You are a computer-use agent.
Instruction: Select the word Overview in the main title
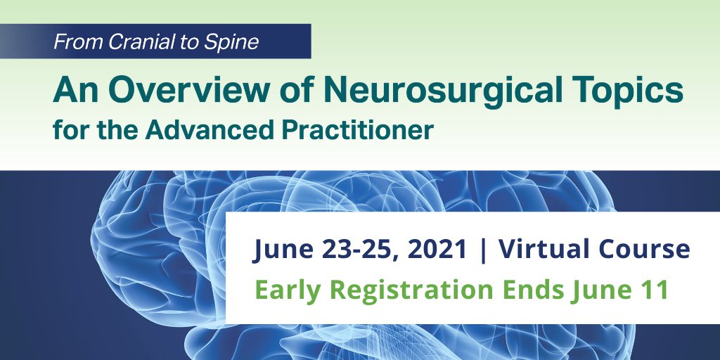pyautogui.click(x=188, y=91)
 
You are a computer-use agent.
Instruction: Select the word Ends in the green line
pyautogui.click(x=532, y=290)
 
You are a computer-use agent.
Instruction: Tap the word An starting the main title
pyautogui.click(x=76, y=91)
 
